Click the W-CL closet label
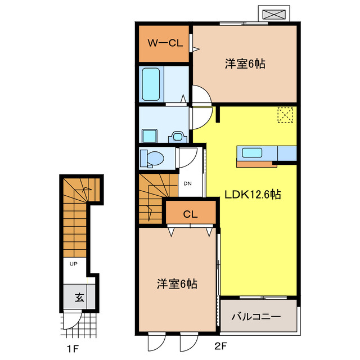click(x=165, y=43)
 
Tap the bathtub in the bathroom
click(x=151, y=84)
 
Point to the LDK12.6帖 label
click(x=253, y=195)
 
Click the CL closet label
click(x=190, y=214)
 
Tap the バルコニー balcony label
click(x=256, y=317)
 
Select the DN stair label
click(x=187, y=183)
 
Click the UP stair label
click(x=73, y=264)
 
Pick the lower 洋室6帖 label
click(x=176, y=284)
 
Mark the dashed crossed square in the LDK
click(x=286, y=116)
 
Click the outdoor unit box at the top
click(x=274, y=14)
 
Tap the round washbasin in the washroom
click(x=179, y=136)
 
